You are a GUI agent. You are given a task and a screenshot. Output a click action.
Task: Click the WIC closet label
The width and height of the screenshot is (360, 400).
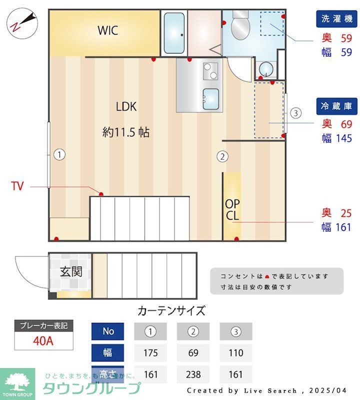(107, 30)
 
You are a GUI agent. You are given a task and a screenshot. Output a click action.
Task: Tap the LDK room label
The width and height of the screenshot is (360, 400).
(126, 106)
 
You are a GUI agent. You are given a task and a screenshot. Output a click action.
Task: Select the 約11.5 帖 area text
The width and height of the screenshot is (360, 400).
(125, 132)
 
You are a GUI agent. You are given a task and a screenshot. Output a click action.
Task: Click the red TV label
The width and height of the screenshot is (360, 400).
(17, 187)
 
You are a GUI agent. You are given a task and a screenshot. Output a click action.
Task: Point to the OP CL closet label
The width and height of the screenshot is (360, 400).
(232, 210)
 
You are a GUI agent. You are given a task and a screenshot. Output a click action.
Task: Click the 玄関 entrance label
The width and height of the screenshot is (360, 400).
(71, 272)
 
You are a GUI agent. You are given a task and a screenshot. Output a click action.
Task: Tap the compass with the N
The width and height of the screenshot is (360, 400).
(22, 23)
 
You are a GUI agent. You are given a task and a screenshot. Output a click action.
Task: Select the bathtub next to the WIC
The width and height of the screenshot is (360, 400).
(174, 33)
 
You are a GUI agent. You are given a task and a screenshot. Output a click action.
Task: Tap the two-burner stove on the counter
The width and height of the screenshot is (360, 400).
(210, 71)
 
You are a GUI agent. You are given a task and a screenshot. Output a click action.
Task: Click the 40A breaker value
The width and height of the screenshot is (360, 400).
(43, 342)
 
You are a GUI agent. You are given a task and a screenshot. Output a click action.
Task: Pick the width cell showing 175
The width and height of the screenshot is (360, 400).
(150, 353)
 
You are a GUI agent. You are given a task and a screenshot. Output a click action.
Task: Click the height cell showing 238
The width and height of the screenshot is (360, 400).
(193, 374)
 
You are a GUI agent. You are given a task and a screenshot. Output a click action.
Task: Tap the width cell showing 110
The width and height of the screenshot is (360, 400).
(235, 353)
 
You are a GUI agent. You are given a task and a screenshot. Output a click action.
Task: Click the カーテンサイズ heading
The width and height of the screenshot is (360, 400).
(171, 310)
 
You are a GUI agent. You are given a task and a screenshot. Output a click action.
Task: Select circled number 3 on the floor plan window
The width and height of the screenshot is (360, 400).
(296, 112)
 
